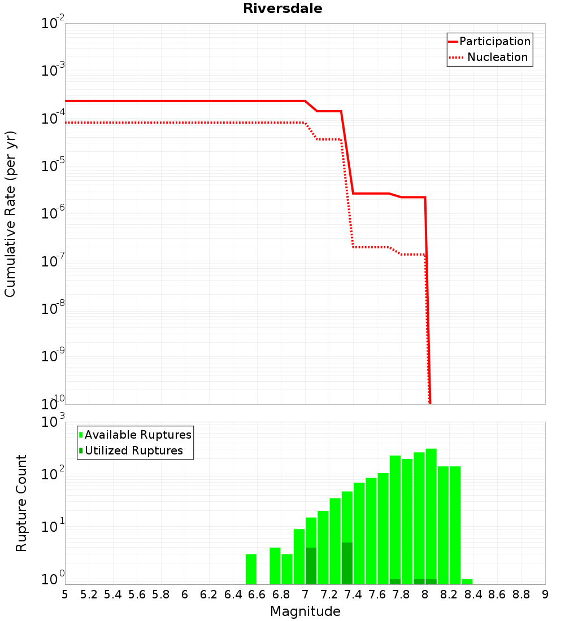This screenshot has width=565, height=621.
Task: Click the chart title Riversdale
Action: [282, 8]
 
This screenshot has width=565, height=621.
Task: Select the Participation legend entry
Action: [489, 41]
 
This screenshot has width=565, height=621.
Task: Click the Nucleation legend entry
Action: [489, 57]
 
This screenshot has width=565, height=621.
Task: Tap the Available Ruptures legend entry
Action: [135, 435]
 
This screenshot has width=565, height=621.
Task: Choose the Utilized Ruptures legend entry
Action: [131, 451]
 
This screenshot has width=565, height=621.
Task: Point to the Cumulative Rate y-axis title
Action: [10, 214]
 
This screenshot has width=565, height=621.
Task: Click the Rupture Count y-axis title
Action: [21, 503]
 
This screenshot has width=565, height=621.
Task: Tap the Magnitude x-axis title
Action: [305, 611]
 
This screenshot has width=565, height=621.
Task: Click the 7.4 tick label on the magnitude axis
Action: [353, 595]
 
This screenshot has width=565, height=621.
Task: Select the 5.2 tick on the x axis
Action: [89, 595]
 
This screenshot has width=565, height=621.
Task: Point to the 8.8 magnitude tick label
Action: [521, 595]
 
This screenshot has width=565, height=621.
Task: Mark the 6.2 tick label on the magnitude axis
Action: [208, 595]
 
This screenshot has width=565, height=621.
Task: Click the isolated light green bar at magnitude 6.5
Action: [251, 569]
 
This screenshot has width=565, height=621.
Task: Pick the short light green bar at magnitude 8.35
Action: [467, 582]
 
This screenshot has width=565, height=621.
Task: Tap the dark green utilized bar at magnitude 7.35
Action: [347, 563]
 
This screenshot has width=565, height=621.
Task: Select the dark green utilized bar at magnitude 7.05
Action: [311, 566]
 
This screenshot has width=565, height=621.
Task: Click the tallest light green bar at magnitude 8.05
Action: [431, 514]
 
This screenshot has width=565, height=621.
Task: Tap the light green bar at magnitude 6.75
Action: [275, 566]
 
